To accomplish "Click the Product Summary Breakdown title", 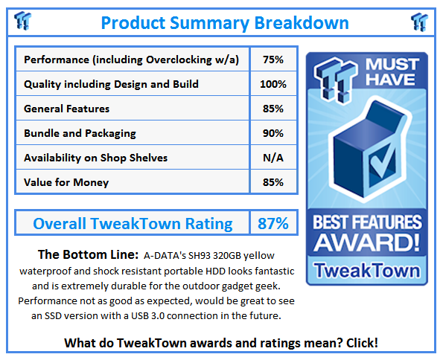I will pos(224,22).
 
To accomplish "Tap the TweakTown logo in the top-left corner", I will pos(23,22).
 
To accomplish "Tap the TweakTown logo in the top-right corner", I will pos(419,22).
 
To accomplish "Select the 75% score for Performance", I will pos(273,60).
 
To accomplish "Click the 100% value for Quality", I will pos(273,84).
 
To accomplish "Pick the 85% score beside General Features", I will pos(273,109).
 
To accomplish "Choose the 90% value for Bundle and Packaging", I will pos(273,133).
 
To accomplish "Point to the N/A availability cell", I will pos(273,158).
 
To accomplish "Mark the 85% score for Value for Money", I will pos(273,182).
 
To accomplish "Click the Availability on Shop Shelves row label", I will pos(95,158).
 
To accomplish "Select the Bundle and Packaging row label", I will pos(80,133).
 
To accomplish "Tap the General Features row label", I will pos(66,109).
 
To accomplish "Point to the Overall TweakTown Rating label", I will pos(133,223).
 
